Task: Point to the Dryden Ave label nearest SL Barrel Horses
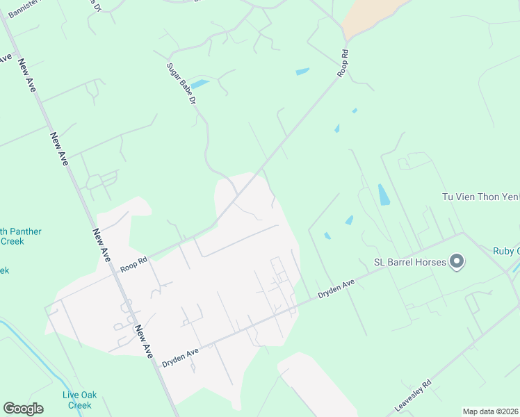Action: click(x=336, y=288)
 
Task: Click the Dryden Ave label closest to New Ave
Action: click(x=180, y=357)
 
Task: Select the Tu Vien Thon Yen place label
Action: click(x=480, y=197)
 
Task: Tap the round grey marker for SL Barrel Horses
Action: click(x=457, y=262)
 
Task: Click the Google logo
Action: click(x=23, y=409)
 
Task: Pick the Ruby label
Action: click(x=506, y=251)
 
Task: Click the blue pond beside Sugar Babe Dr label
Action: click(x=200, y=84)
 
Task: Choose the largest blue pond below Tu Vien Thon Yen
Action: click(x=383, y=194)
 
